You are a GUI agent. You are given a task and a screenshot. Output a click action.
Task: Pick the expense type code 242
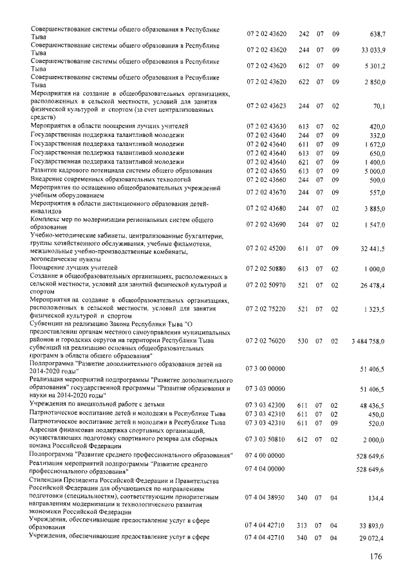pos(304,33)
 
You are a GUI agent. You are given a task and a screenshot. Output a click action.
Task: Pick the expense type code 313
pos(304,525)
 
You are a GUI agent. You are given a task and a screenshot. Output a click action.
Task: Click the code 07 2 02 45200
pos(267,248)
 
